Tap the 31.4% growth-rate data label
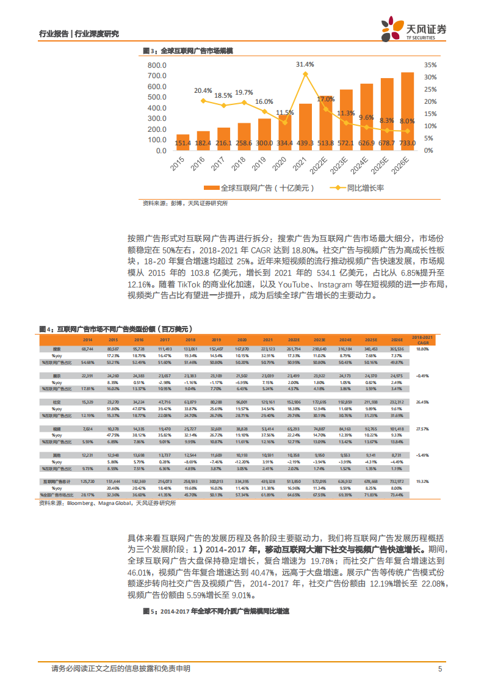(x=305, y=64)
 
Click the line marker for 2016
(x=203, y=100)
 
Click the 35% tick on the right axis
(x=429, y=65)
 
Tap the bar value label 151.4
(x=183, y=143)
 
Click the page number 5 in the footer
(x=440, y=669)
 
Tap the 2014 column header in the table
(x=88, y=339)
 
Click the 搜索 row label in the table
(x=56, y=349)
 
